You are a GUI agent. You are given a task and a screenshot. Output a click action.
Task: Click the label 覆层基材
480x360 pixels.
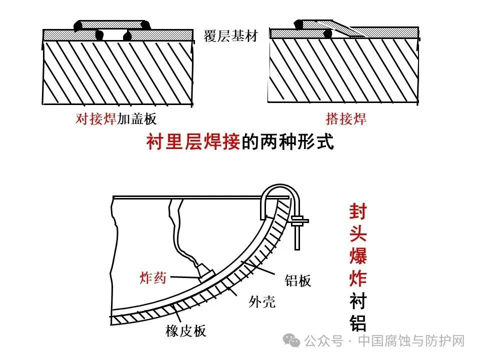[x=230, y=36]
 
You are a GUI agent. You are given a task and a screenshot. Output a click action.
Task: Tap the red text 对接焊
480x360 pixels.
[x=95, y=119]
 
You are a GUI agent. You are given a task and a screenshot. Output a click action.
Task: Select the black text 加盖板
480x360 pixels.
[x=136, y=119]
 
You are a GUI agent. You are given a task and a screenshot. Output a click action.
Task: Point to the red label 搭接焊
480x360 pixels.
[x=346, y=119]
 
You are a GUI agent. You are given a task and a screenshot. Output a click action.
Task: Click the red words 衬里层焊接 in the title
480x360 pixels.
[x=193, y=142]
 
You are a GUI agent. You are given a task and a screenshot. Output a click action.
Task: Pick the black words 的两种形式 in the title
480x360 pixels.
[x=287, y=142]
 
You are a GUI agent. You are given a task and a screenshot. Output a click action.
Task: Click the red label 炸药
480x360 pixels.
[x=152, y=278]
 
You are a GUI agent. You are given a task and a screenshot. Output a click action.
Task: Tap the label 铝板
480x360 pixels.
[x=298, y=281]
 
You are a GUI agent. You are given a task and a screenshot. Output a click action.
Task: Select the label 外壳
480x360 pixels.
[x=262, y=302]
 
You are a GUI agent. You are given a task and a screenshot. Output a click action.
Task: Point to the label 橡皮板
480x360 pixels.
[x=185, y=331]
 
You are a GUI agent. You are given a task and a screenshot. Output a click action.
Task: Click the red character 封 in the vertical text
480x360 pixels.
[x=357, y=211]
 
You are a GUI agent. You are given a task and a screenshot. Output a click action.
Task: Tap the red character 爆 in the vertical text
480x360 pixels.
[x=357, y=256]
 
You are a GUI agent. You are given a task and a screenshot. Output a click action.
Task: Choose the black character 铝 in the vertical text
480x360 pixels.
[x=357, y=323]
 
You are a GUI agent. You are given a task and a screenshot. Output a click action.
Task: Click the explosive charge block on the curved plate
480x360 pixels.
[x=205, y=274]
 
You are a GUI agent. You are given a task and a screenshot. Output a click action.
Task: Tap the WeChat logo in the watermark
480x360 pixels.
[x=292, y=341]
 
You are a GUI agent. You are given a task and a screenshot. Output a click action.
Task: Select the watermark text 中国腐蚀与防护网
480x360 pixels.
[x=412, y=341]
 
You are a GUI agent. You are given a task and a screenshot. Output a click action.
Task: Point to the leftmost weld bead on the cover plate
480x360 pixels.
[x=78, y=25]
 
